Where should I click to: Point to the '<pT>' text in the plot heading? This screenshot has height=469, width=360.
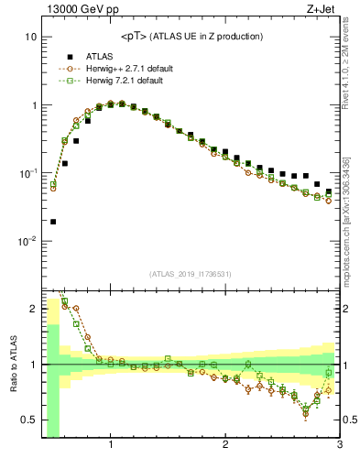(135, 37)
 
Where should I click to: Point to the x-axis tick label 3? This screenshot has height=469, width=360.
(339, 446)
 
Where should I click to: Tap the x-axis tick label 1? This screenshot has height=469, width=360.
(111, 446)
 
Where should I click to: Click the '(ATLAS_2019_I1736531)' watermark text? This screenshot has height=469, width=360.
(191, 274)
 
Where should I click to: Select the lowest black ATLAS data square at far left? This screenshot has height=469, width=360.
(53, 222)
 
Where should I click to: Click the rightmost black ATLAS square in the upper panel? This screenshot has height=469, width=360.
(329, 192)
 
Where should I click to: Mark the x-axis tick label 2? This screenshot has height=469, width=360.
(225, 446)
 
